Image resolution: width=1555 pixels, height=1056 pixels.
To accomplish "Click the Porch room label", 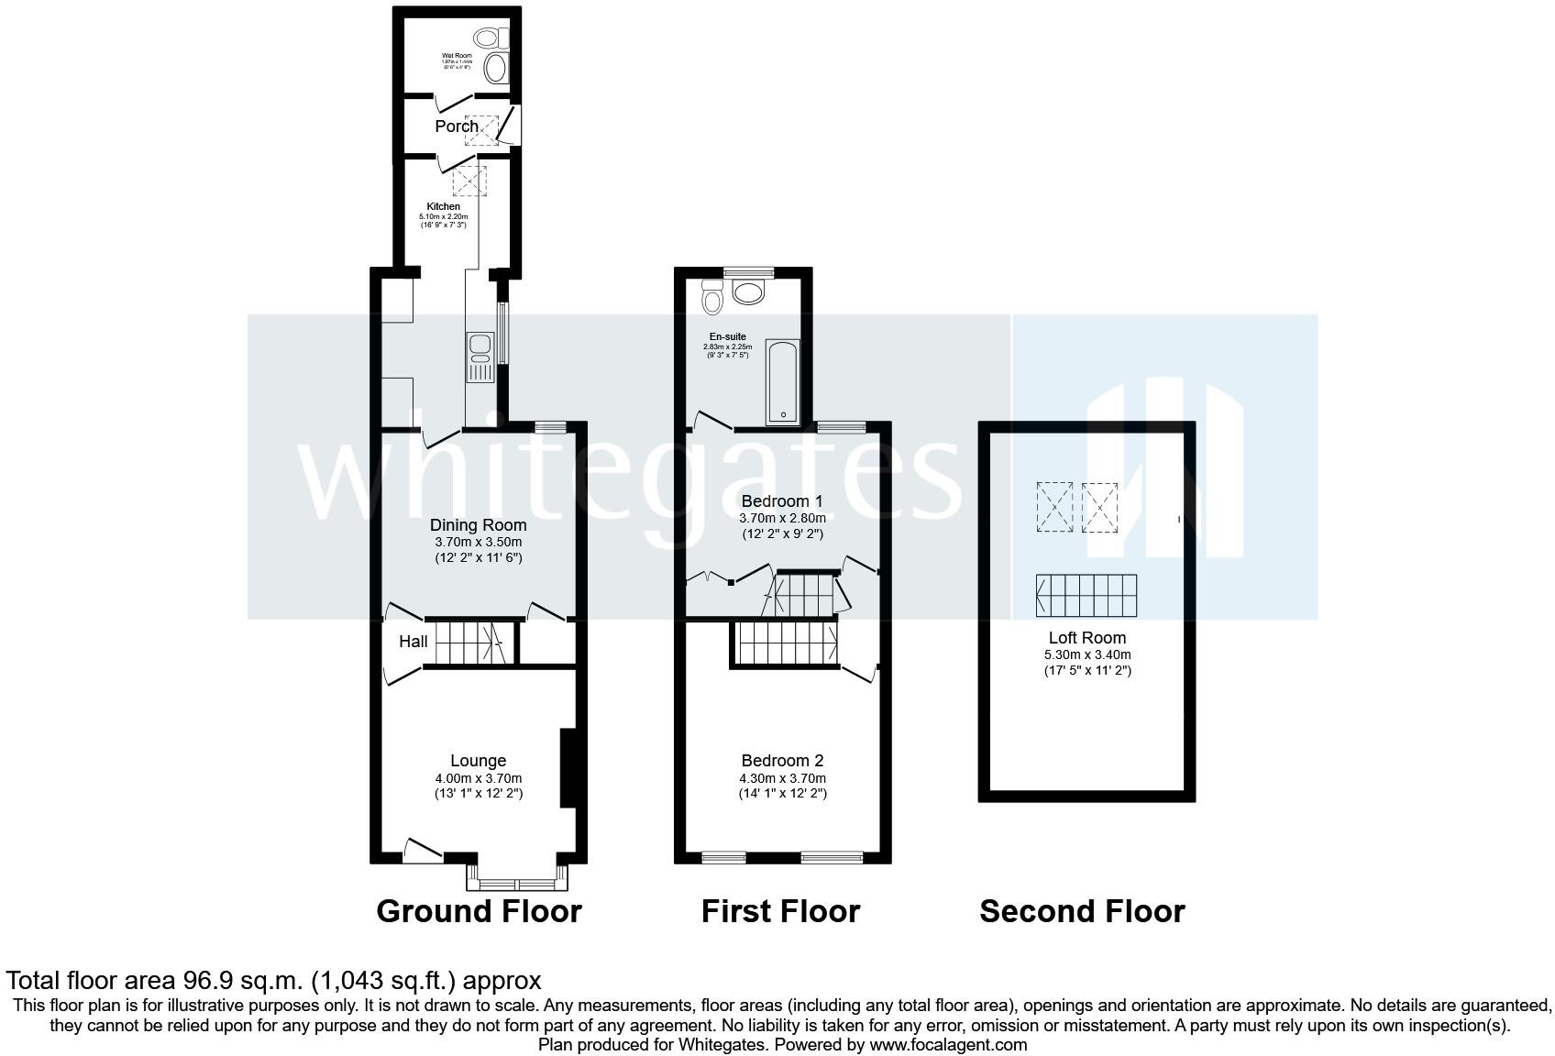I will coord(456,126).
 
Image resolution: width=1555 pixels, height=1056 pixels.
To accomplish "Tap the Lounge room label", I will coord(478,761).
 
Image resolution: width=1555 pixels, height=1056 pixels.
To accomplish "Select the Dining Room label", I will coord(478,525).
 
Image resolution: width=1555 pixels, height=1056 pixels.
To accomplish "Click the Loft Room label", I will coord(1086,638).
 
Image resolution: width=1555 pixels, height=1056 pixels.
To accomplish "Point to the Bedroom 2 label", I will coord(782,761).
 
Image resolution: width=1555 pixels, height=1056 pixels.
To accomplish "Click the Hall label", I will coord(413,642).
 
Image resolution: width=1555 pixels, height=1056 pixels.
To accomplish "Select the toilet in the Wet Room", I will coord(486,38).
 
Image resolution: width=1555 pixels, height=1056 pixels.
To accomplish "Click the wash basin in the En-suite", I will coord(749,292).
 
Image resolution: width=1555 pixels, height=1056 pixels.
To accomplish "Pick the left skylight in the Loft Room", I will coord(1053,506).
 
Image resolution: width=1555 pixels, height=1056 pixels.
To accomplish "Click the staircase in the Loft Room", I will coord(1086,596).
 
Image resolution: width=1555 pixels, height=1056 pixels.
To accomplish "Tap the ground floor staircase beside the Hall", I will coord(467,642).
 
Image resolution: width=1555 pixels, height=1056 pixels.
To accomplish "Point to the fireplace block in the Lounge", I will coord(568,767).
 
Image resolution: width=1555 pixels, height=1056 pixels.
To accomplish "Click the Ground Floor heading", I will coord(479,911).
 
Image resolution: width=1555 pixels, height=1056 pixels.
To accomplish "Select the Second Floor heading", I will coord(1082,911).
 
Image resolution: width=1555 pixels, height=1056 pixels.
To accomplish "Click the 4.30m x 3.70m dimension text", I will coord(782,778).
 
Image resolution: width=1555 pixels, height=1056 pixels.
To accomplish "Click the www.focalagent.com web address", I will coord(948,1044).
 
